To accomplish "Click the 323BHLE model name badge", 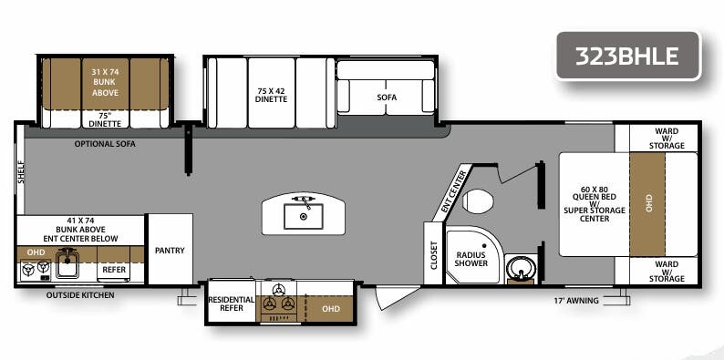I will point(626,55).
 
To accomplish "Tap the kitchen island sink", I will point(300,215).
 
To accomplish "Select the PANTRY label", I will point(170,249).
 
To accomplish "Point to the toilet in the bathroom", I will point(478,201).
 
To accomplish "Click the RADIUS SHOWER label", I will point(472,258).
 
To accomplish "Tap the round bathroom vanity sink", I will point(520,271).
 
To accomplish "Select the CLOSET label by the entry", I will point(432,255).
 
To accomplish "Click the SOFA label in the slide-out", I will point(387,98).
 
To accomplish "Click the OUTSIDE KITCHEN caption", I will point(80,294).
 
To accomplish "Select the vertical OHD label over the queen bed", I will point(649,203).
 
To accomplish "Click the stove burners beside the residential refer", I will point(279,304).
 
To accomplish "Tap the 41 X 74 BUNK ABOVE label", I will point(80,231).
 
